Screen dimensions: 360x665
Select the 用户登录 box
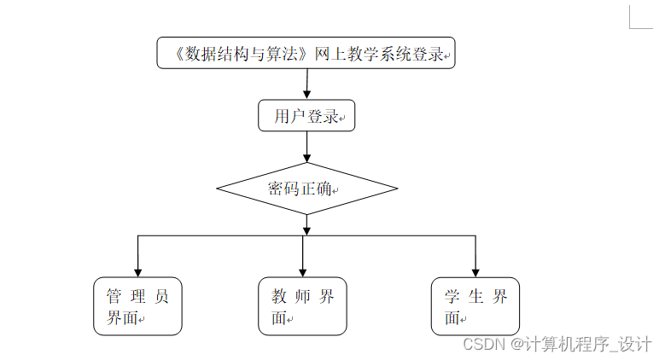(x=306, y=116)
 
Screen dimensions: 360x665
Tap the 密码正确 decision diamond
(x=306, y=189)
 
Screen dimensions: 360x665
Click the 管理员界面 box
(x=137, y=305)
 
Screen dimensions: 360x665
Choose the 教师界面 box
(x=302, y=305)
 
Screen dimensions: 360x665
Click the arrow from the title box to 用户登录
(x=306, y=84)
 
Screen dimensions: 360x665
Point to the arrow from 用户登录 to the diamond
(x=306, y=147)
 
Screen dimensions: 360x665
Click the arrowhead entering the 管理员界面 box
(x=137, y=270)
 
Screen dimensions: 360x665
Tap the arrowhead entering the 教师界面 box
(x=302, y=270)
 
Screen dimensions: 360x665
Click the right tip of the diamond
(x=396, y=189)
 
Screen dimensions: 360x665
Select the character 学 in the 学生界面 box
(x=452, y=297)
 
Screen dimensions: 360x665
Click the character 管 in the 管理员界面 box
(x=113, y=297)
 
